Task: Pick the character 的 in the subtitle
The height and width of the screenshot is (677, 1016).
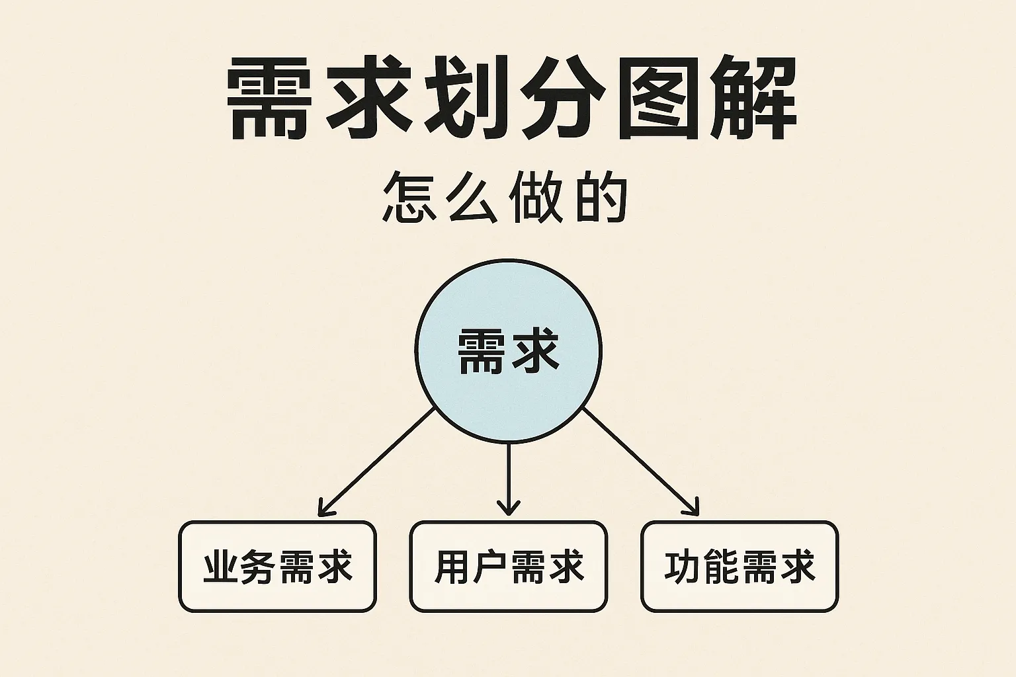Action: click(x=601, y=196)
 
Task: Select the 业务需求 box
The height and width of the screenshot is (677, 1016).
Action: click(x=277, y=567)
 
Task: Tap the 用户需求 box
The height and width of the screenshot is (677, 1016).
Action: click(x=508, y=567)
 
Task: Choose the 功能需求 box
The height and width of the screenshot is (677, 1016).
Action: click(x=740, y=567)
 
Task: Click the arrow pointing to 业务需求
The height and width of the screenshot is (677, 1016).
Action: click(x=377, y=461)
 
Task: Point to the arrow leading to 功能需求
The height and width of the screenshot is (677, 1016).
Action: click(x=640, y=461)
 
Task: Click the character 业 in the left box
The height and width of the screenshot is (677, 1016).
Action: click(x=221, y=567)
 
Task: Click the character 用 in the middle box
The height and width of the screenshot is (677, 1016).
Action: click(x=452, y=567)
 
